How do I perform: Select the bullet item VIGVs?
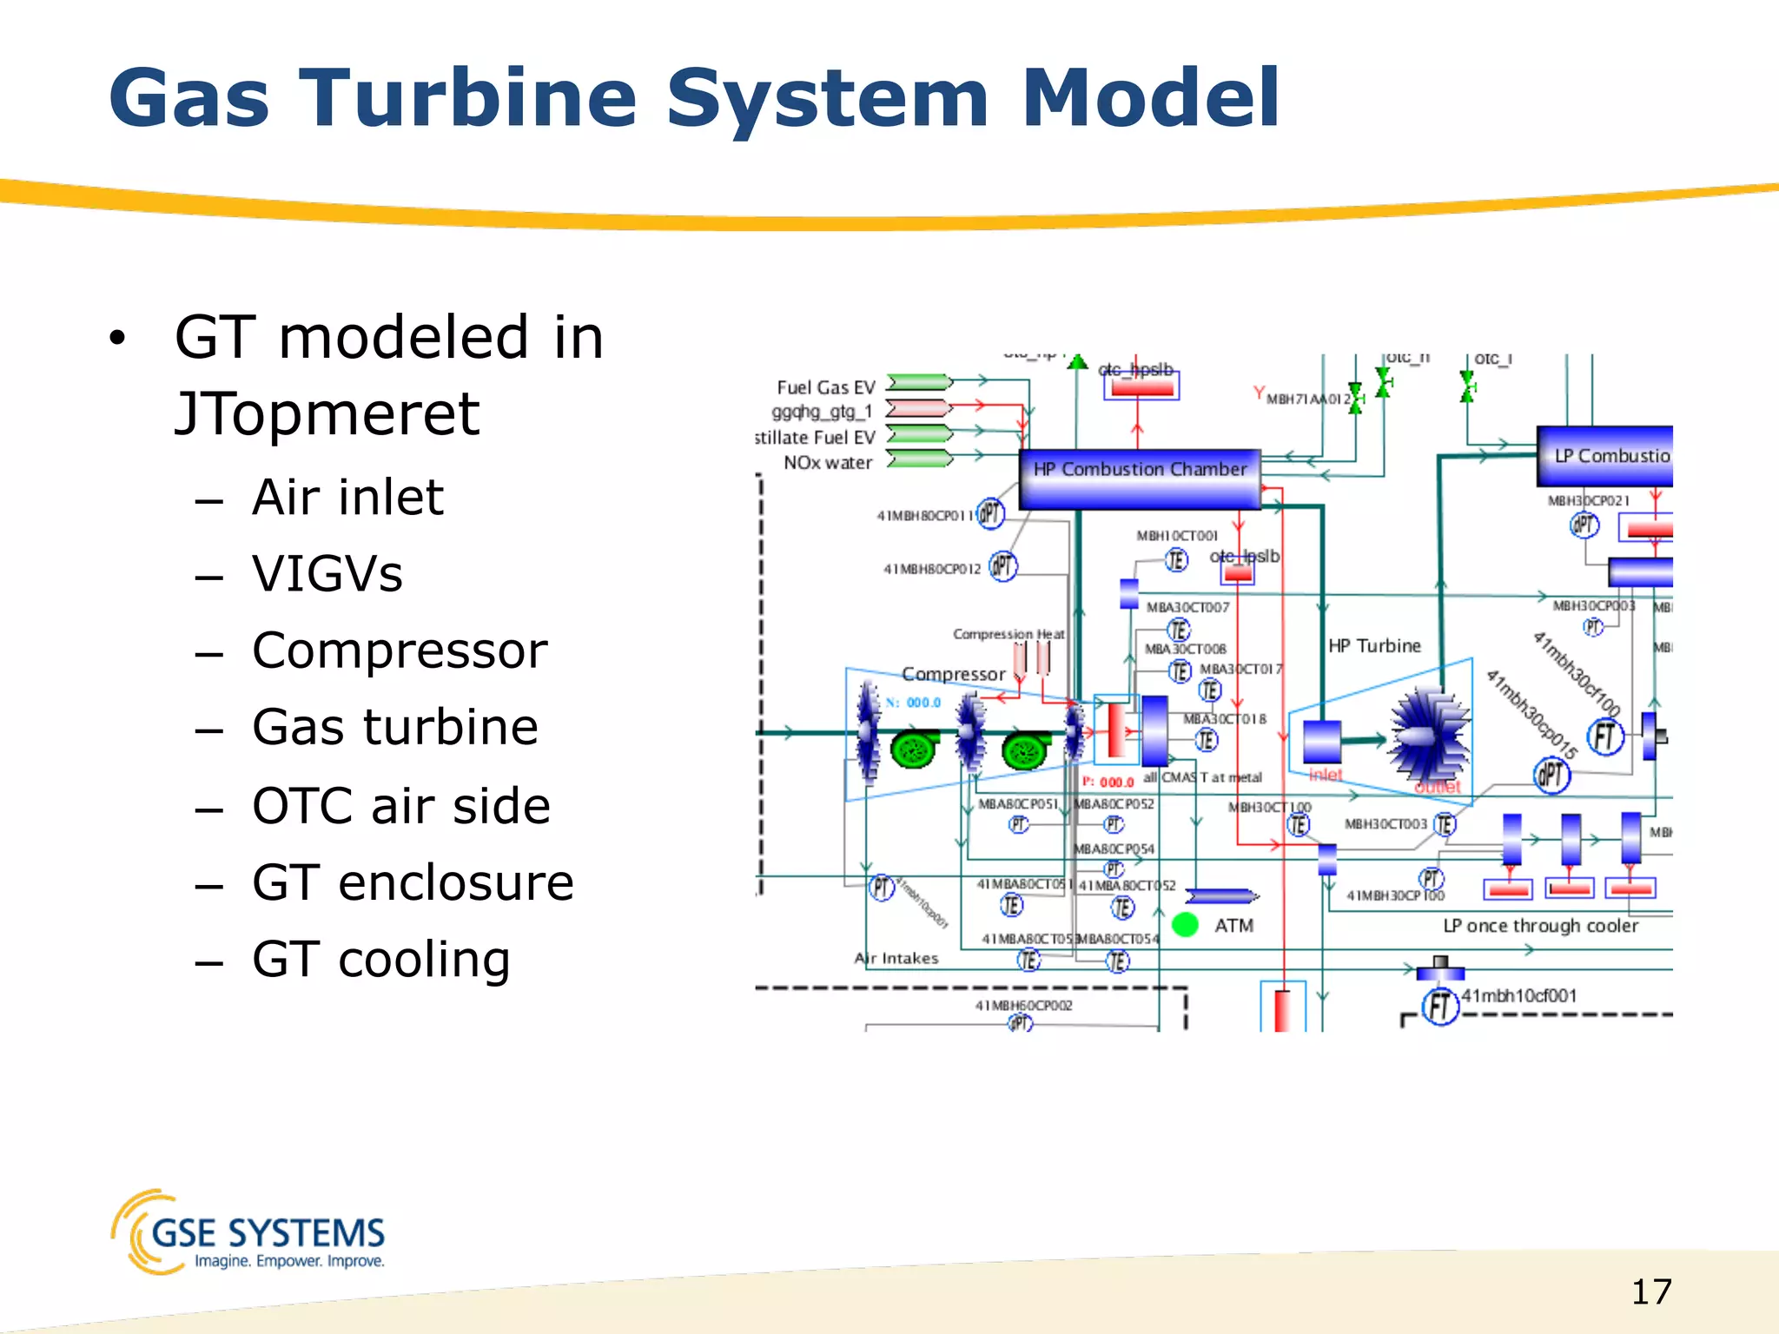pos(327,574)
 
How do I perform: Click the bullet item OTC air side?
pos(401,806)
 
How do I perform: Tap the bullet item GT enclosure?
pos(413,883)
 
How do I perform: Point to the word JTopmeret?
pos(327,413)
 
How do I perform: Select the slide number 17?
pos(1650,1292)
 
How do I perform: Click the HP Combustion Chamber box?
pos(1139,478)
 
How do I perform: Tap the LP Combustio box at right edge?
pos(1605,456)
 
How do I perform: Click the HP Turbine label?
pos(1374,646)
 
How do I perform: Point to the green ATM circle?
pos(1185,925)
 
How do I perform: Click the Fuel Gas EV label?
pos(825,387)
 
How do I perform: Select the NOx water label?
pos(827,463)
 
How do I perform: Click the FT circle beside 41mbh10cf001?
pos(1439,1006)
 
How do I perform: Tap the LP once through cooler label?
pos(1540,926)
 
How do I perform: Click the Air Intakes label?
pos(896,959)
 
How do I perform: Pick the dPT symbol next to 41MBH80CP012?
pos(1003,567)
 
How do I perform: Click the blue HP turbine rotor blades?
pos(1430,735)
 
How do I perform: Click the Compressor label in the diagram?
pos(953,674)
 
